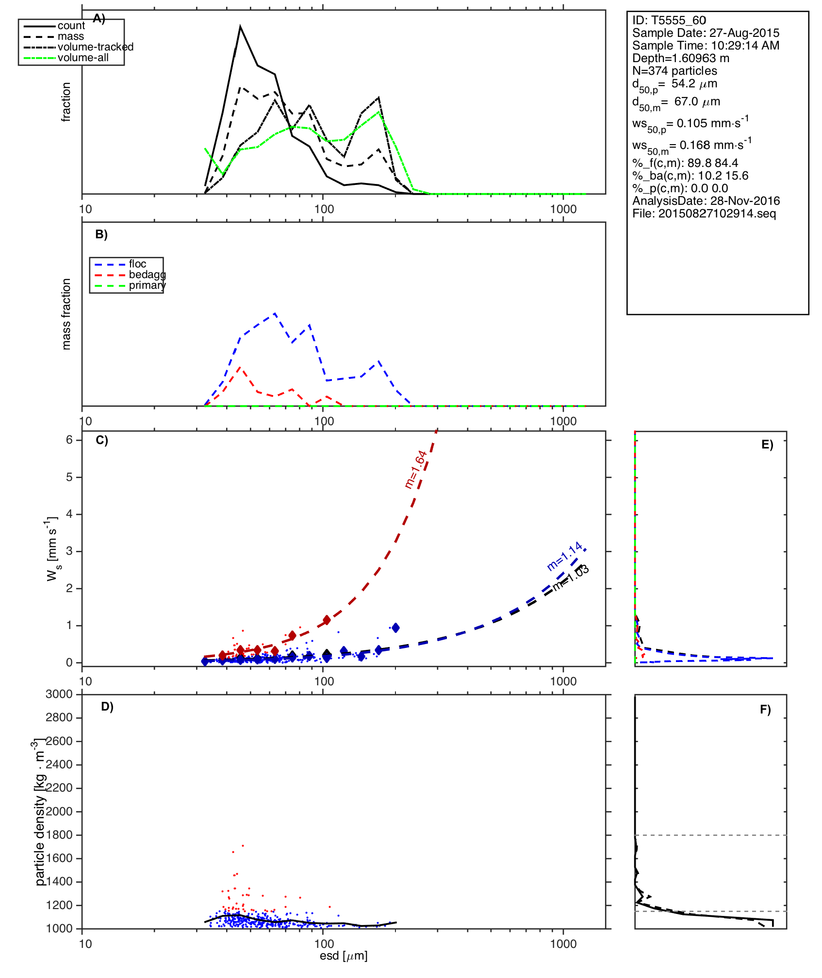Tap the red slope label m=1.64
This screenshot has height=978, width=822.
coord(416,469)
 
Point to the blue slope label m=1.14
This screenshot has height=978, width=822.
coord(564,556)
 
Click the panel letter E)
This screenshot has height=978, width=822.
coord(767,445)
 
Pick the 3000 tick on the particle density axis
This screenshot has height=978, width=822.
coord(59,694)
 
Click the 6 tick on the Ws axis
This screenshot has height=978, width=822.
coord(69,440)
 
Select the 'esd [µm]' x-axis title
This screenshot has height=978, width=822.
coord(344,956)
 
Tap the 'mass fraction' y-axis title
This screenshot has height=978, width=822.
coord(66,314)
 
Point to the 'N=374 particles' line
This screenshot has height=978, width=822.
coord(674,71)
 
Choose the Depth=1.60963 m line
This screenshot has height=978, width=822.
coord(680,58)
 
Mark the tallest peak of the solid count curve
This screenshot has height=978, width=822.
coord(240,27)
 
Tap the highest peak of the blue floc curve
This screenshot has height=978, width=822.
coord(275,314)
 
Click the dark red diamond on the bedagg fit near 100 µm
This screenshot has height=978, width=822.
coord(327,620)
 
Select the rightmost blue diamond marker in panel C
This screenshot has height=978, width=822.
coord(395,628)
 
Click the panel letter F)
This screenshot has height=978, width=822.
coord(765,710)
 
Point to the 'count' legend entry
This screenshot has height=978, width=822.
coord(71,26)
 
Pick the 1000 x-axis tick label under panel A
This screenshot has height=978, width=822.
coord(563,209)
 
